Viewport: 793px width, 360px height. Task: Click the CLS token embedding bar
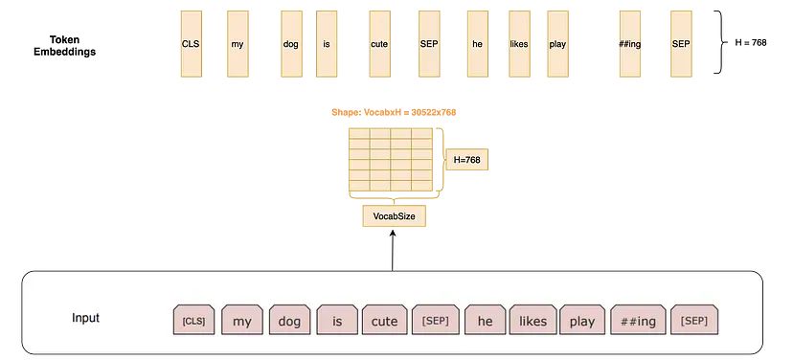[x=192, y=44]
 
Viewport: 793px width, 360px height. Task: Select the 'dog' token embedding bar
[x=291, y=44]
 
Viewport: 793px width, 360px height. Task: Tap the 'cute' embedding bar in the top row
[x=379, y=44]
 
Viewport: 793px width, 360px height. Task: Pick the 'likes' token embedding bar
[x=519, y=44]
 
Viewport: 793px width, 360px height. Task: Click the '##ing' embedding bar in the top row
[x=630, y=44]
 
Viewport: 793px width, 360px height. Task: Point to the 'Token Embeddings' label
[x=72, y=45]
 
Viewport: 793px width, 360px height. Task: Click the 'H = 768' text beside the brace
[x=751, y=44]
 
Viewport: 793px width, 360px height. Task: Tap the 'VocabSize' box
[x=395, y=216]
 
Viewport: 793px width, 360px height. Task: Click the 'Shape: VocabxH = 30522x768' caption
[x=394, y=113]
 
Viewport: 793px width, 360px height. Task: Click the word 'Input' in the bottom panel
[x=86, y=318]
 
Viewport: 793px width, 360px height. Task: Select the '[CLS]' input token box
[x=194, y=320]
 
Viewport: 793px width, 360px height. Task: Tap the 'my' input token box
[x=242, y=320]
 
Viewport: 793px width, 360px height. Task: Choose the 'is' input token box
[x=336, y=320]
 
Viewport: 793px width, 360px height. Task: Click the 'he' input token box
[x=485, y=320]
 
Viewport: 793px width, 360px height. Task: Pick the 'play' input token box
[x=582, y=320]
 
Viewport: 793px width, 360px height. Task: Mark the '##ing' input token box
[x=636, y=320]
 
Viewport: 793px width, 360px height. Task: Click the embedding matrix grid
[x=390, y=160]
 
